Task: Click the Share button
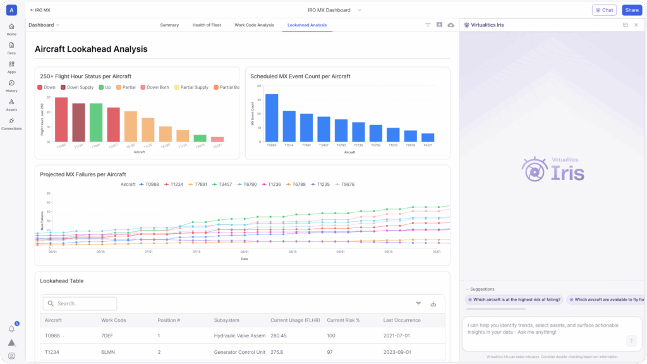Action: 631,10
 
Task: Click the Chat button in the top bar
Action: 604,10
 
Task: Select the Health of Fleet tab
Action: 207,25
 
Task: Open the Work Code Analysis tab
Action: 254,25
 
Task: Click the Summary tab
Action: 169,25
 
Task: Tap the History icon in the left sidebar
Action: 11,86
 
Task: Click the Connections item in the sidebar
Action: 11,123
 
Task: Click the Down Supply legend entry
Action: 79,87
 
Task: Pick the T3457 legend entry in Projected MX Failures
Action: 223,185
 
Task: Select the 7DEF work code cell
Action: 111,336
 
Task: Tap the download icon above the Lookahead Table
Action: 433,303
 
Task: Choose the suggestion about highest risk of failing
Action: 514,300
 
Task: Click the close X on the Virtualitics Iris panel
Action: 636,25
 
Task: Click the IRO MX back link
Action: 40,10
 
